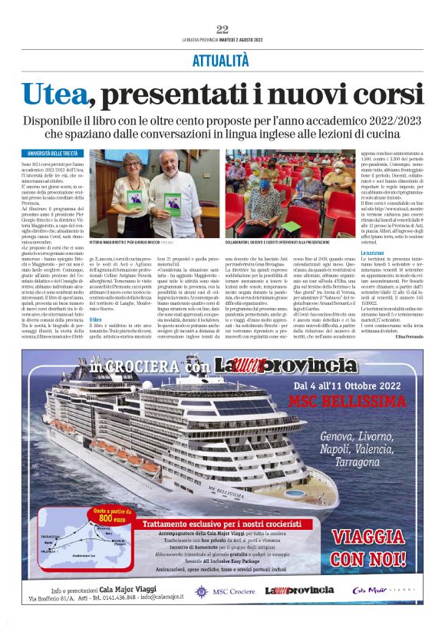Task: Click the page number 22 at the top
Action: pos(222,29)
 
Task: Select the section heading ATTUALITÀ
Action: pos(222,59)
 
